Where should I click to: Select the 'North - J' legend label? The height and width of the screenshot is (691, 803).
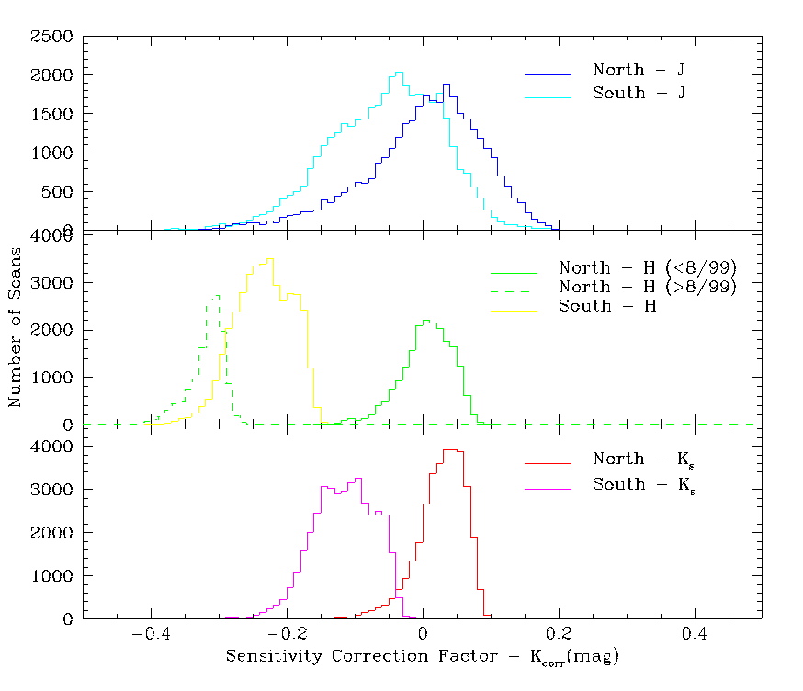(639, 71)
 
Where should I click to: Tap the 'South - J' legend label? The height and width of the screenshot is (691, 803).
(639, 94)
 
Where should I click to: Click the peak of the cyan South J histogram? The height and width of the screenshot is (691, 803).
(398, 73)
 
